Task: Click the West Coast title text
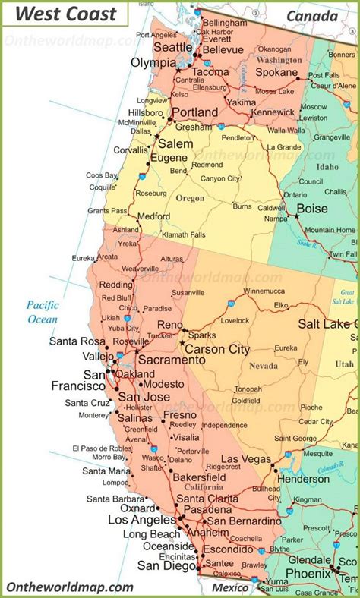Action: point(66,13)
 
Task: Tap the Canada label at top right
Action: point(312,16)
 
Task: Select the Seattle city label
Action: point(173,46)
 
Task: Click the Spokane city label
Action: point(276,72)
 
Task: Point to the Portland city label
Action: point(194,112)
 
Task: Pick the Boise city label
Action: point(311,208)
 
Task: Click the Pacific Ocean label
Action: point(43,312)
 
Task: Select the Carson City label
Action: point(217,349)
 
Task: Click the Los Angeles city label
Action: point(142,520)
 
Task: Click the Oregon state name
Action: point(191,198)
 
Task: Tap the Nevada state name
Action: point(264,365)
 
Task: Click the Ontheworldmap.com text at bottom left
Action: point(70,587)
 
